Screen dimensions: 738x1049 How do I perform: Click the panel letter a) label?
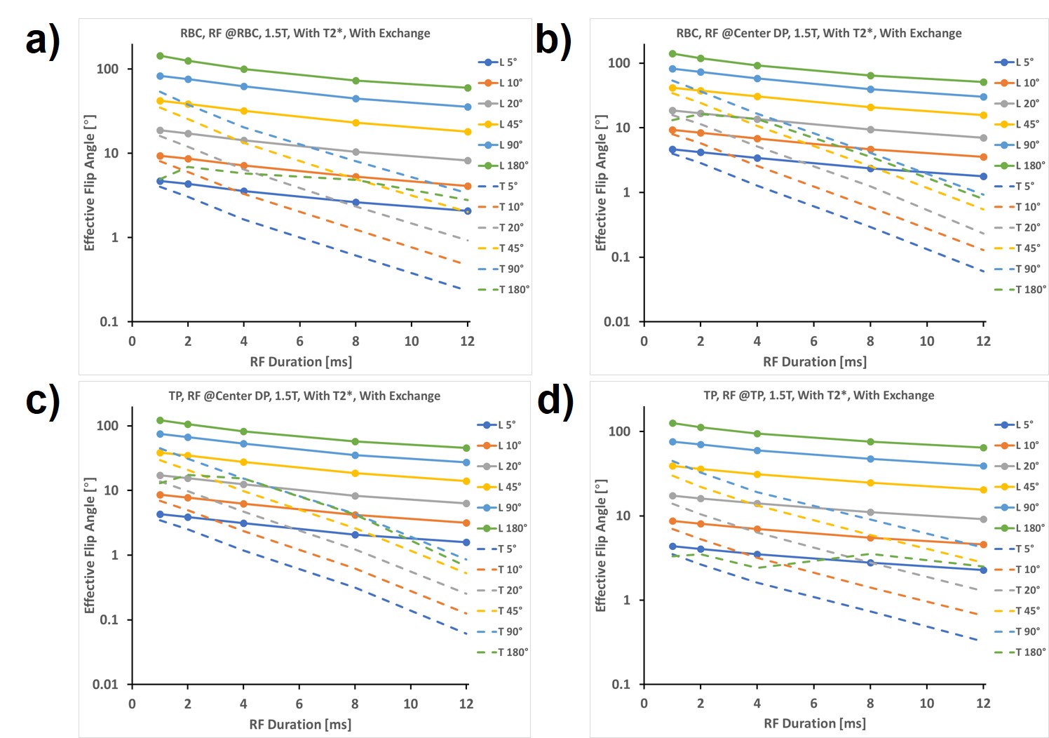click(43, 40)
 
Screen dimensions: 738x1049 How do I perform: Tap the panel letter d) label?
click(555, 401)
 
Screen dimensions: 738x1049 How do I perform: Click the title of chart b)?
click(818, 33)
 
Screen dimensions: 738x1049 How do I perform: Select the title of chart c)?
click(304, 396)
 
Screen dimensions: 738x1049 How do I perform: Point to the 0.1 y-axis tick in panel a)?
click(109, 322)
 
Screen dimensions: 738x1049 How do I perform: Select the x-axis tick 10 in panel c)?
click(410, 704)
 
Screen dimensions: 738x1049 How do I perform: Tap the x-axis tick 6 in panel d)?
click(813, 703)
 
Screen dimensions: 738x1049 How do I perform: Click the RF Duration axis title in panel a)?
click(301, 362)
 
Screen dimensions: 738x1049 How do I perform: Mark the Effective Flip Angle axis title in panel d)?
click(601, 545)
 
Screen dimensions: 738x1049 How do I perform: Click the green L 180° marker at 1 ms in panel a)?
click(160, 56)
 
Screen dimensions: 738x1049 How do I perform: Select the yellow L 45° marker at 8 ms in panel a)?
click(356, 123)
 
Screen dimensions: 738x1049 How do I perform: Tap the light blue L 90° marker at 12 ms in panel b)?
click(983, 97)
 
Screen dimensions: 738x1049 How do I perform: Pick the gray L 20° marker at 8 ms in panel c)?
click(355, 496)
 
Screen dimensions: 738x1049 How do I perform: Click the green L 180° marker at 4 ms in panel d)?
click(757, 434)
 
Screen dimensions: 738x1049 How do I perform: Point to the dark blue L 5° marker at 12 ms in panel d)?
click(983, 570)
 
